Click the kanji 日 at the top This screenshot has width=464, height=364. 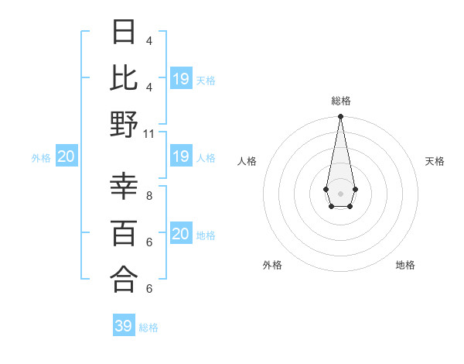[x=125, y=33]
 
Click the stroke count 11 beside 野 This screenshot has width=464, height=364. [x=149, y=133]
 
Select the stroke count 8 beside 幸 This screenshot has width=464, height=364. [x=149, y=196]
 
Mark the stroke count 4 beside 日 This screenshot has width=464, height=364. [x=149, y=40]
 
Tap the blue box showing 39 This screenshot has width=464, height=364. [x=124, y=326]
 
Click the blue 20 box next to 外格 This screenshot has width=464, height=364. [x=66, y=157]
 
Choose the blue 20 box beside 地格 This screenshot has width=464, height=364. [x=180, y=235]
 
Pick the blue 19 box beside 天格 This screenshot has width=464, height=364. [x=181, y=79]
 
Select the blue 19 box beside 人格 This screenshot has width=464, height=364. [x=180, y=157]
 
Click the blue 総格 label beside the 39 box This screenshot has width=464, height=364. [x=149, y=328]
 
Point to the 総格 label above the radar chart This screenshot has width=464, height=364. [x=340, y=101]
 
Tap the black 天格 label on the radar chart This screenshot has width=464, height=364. [x=435, y=161]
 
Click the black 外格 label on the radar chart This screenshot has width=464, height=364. [x=272, y=265]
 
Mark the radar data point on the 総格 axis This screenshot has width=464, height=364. [x=340, y=117]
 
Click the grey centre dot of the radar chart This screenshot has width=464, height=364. [x=340, y=192]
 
